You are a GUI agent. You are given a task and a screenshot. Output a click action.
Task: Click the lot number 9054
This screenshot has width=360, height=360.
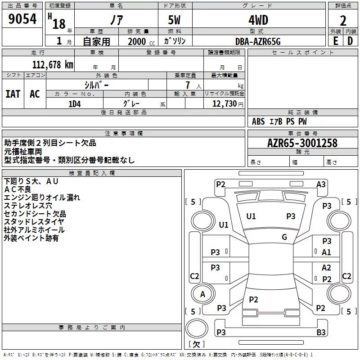(x=22, y=19)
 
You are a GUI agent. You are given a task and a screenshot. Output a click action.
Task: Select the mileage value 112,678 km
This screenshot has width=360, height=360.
(x=53, y=65)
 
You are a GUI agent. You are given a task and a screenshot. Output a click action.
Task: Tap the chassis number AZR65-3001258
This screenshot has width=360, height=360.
(x=302, y=143)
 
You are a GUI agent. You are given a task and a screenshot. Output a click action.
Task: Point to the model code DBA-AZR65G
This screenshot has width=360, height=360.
(x=258, y=41)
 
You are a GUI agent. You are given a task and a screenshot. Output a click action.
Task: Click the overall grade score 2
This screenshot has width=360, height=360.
(x=343, y=21)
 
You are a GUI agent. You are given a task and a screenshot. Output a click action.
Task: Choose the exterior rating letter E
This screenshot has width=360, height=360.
(x=336, y=41)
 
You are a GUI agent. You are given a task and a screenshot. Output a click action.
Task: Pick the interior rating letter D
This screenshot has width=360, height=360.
(x=350, y=41)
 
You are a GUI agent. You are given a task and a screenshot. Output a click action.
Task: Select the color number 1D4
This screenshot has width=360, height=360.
(x=75, y=104)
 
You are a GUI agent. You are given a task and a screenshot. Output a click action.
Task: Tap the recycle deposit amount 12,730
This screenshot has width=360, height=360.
(x=224, y=104)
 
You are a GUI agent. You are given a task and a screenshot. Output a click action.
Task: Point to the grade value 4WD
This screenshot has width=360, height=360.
(x=258, y=20)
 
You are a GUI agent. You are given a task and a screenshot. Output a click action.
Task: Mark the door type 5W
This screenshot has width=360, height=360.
(x=174, y=20)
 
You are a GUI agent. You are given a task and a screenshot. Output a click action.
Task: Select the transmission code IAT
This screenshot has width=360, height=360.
(x=13, y=94)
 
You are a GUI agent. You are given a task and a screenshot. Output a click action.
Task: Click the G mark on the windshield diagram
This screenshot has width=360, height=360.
(x=284, y=237)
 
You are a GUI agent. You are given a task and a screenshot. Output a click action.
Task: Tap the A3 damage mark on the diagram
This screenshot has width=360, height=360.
(x=321, y=184)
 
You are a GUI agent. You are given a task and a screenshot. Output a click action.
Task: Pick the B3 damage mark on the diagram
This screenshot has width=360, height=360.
(x=321, y=332)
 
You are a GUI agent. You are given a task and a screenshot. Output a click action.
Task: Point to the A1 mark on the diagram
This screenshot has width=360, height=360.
(x=326, y=252)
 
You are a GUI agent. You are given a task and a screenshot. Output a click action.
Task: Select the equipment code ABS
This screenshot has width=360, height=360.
(x=258, y=121)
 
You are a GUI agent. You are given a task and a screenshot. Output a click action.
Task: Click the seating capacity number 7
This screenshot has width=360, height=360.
(x=188, y=85)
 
